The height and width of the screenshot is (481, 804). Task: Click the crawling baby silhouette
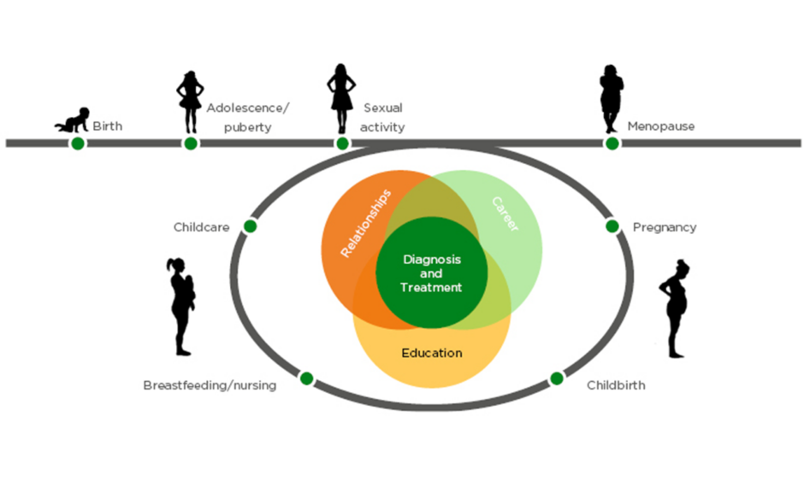tap(72, 120)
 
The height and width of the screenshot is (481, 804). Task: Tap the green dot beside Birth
tap(78, 143)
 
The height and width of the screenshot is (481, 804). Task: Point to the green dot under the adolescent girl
tap(191, 143)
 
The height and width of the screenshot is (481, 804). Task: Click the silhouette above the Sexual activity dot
tap(341, 97)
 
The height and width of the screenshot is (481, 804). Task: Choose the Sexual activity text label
tap(383, 118)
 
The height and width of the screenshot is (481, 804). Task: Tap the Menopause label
tap(660, 126)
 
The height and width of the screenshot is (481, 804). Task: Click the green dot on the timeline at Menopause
tap(612, 143)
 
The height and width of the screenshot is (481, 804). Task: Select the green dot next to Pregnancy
tap(612, 226)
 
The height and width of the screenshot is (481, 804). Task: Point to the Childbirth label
tap(616, 385)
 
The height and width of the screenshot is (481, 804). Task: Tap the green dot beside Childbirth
tap(557, 378)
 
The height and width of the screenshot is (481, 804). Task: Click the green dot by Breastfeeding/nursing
tap(306, 378)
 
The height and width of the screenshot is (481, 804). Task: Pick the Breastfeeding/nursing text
tap(210, 385)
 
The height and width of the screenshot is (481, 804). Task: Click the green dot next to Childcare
tap(250, 226)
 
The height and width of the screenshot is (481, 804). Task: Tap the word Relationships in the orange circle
tap(366, 224)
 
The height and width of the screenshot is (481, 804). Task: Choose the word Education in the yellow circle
tap(432, 353)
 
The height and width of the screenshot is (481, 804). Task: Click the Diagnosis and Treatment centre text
tap(431, 273)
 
